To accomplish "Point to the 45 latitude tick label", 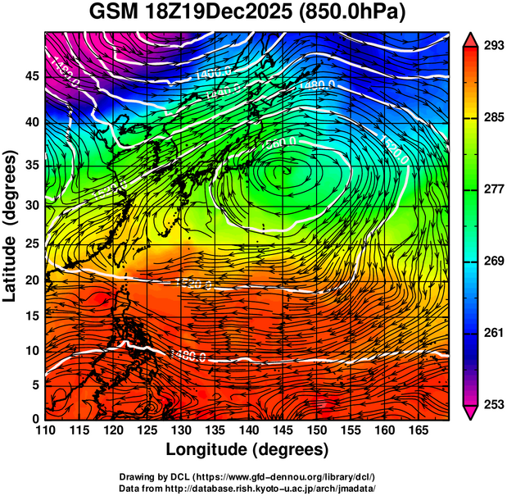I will click(31, 75).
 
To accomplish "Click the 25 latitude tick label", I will click(31, 247).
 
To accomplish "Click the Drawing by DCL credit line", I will click(247, 476).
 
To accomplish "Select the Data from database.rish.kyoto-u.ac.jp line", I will click(247, 488).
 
